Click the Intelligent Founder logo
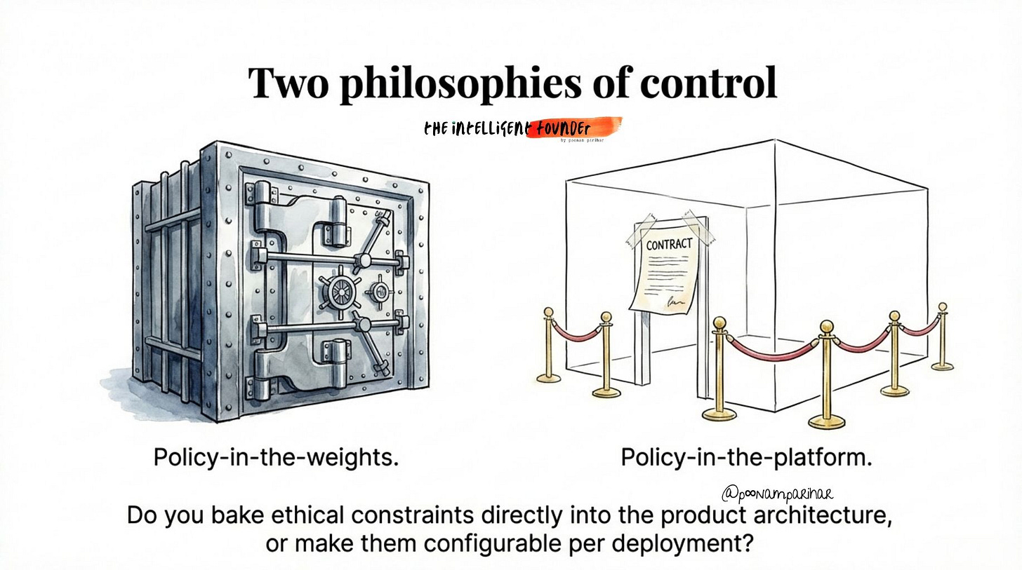(522, 129)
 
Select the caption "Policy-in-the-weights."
(276, 458)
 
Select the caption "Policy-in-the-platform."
(746, 458)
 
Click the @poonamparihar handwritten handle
(777, 494)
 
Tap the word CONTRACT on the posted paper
(669, 245)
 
